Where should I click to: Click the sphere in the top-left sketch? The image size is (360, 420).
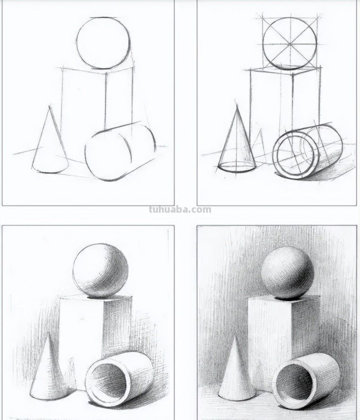tap(103, 43)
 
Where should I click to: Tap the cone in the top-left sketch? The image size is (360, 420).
tap(50, 148)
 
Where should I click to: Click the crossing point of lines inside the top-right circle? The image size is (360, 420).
tap(290, 44)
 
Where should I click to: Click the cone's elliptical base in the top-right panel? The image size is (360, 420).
tap(237, 168)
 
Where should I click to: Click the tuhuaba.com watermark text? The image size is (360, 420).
tap(180, 210)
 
